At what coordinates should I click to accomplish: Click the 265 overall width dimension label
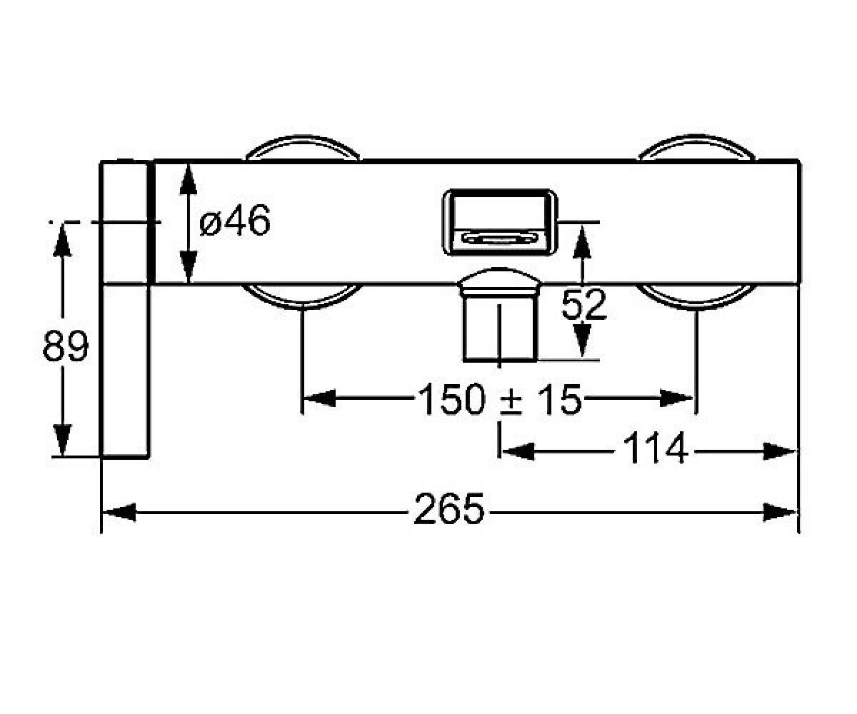449,509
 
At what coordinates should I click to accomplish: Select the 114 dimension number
656,448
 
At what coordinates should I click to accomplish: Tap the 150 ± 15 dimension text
500,399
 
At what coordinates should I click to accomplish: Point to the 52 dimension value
583,304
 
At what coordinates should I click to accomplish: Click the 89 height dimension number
65,346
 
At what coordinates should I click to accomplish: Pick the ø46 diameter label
235,220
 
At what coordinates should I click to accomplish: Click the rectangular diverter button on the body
500,222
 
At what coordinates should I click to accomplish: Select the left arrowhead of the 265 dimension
119,512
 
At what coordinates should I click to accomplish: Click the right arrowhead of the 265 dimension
779,512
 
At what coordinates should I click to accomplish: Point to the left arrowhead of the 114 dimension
518,452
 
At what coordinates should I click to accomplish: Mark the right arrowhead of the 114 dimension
779,452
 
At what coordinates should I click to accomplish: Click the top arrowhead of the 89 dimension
62,240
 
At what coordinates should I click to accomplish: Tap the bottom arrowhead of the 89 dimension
62,440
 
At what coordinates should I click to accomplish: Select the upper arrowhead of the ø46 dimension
189,179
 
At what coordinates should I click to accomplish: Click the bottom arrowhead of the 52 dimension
582,340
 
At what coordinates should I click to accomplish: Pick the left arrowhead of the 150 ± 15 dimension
319,398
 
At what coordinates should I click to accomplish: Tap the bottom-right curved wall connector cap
696,296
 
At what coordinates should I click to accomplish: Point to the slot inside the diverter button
499,238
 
